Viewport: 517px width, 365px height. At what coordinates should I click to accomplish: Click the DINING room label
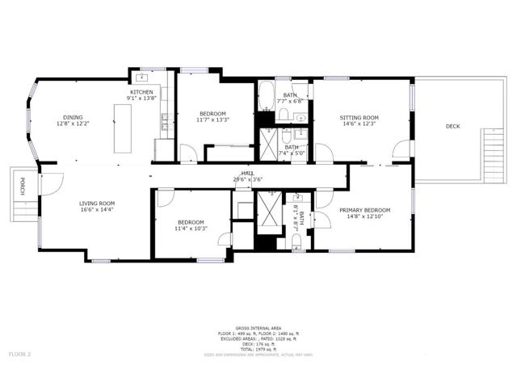74,117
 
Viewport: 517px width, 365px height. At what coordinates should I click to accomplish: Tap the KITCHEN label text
142,92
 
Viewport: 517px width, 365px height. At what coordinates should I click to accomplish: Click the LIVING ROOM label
96,203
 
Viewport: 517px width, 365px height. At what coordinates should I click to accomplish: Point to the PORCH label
23,187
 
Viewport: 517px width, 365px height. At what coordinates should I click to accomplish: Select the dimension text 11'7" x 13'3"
212,120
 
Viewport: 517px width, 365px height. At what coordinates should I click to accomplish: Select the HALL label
248,174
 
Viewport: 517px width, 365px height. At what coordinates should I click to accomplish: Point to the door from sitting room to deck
400,149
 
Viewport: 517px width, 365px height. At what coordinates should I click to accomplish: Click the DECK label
453,126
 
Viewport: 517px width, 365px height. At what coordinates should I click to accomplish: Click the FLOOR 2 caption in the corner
20,354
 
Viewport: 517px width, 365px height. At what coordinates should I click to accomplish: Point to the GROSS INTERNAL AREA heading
258,328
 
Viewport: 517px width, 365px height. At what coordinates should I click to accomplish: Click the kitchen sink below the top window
142,78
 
